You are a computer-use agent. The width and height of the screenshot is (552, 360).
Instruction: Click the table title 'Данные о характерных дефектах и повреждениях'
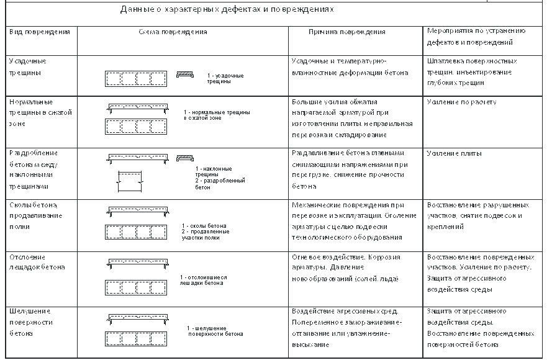coord(227,10)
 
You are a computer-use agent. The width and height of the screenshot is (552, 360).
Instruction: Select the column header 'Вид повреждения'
coord(39,31)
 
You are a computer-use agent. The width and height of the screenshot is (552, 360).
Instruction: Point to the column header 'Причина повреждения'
coord(347,32)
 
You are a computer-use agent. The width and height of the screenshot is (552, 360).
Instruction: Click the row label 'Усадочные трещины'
coord(28,67)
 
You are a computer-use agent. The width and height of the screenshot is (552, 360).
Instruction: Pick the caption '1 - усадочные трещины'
coord(225,78)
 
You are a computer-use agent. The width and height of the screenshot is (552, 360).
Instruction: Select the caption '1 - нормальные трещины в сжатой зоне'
coord(217,115)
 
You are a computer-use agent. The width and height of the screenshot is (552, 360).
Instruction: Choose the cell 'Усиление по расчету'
coord(461,102)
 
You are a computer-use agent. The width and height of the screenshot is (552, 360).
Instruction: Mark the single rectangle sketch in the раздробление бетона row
coord(131,182)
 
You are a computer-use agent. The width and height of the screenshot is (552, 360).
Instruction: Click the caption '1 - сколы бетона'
coord(204,226)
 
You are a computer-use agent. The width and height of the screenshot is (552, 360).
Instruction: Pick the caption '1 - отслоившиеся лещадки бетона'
coord(203,280)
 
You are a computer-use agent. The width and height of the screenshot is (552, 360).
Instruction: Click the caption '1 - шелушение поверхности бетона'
coord(215,331)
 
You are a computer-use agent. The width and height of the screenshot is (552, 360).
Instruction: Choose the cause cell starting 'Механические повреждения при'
coord(348,221)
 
